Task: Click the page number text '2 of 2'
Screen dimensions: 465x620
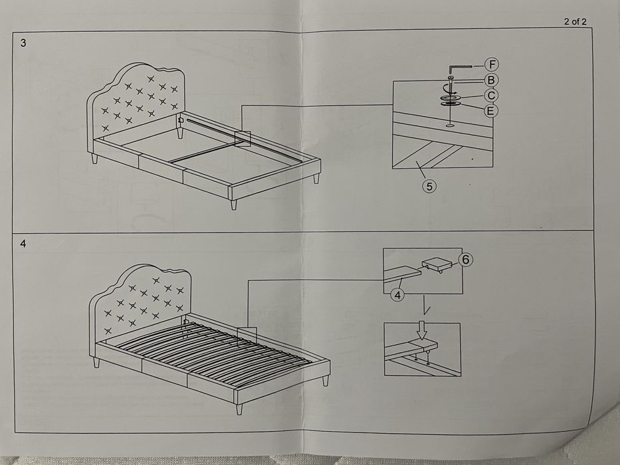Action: point(575,21)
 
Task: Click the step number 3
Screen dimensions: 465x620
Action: point(24,43)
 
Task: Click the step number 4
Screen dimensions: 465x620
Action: point(24,244)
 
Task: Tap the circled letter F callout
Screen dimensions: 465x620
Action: point(491,64)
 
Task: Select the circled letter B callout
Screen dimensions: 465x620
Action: point(491,80)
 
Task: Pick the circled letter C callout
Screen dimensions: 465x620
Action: point(491,96)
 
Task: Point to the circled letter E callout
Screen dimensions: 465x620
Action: point(490,110)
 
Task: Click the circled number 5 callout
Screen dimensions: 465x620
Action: point(429,187)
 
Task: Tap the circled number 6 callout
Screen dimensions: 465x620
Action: point(465,260)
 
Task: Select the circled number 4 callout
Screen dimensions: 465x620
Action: point(397,295)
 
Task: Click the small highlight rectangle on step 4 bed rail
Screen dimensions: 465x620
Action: point(247,335)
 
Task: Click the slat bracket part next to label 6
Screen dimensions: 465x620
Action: point(435,265)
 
